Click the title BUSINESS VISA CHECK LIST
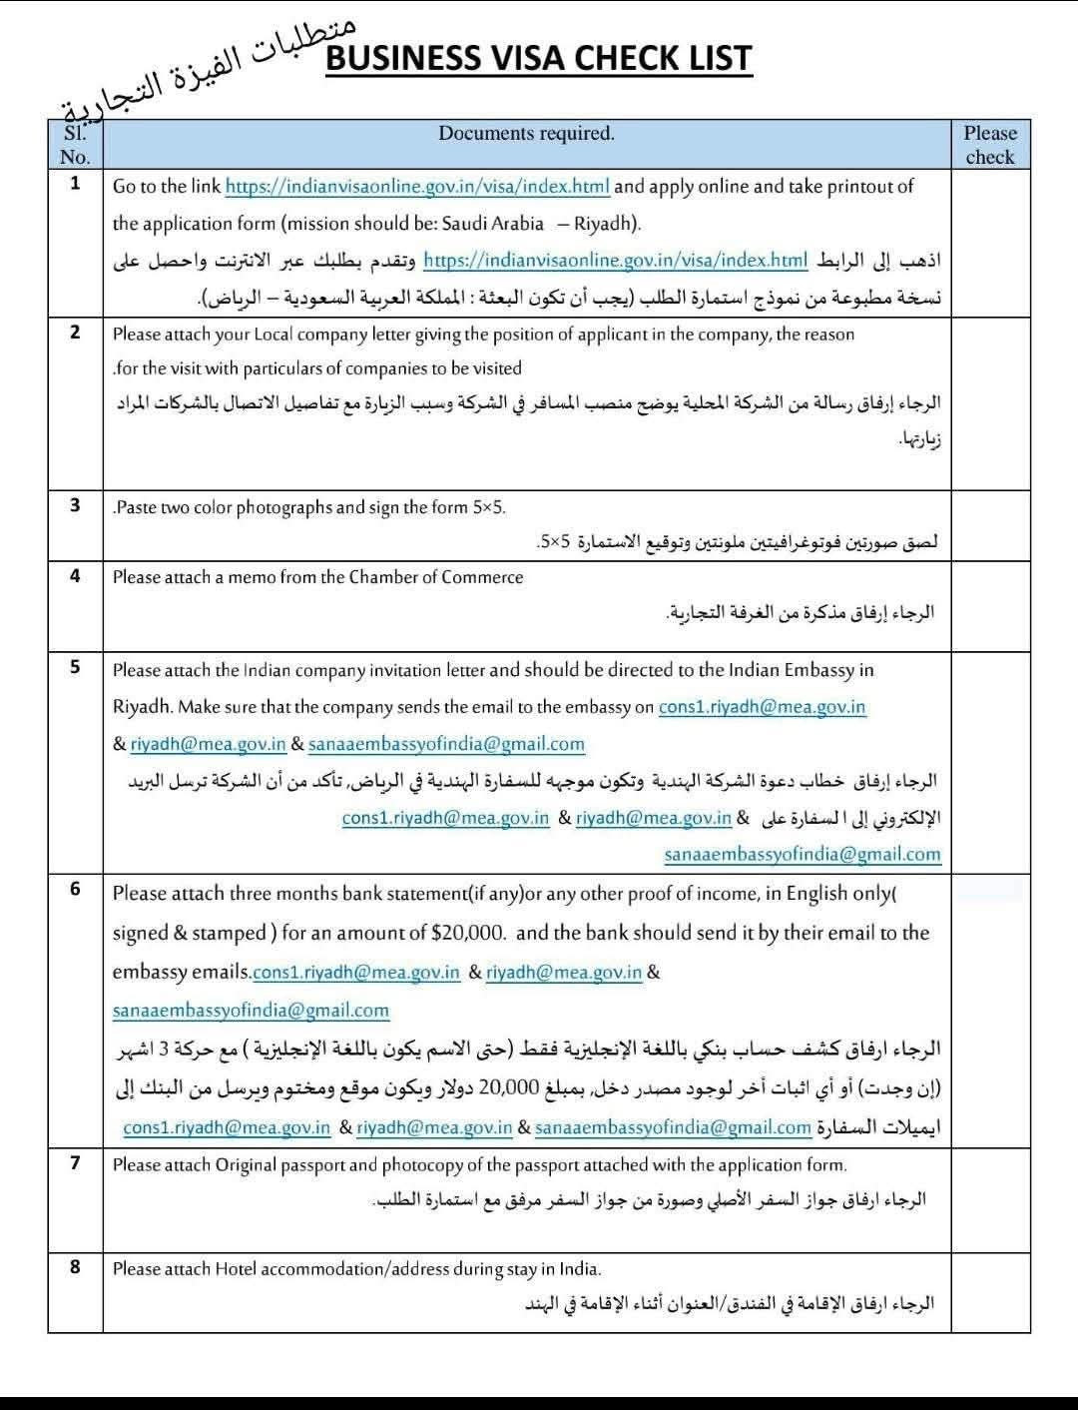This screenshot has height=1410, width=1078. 538,59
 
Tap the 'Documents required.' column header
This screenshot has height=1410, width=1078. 526,134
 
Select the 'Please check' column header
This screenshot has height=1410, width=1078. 989,145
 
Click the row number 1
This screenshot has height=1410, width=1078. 75,184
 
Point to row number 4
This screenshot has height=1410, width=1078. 75,575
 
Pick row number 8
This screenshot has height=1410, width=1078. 75,1266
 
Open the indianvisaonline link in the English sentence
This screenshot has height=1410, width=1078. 417,187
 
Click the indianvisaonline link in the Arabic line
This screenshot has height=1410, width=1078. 615,261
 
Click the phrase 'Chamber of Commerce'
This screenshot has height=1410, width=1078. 435,577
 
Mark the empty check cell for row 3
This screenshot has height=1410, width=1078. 989,525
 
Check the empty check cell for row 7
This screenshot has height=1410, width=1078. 989,1198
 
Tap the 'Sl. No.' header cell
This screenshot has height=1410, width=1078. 75,145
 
